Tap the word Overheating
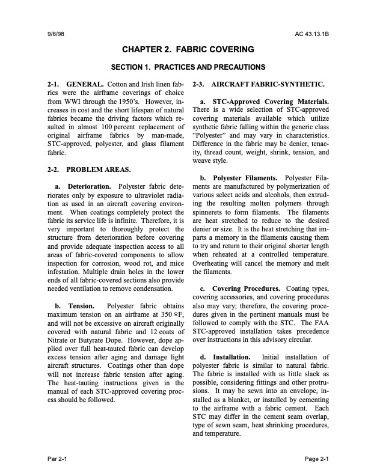tap(213, 263)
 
